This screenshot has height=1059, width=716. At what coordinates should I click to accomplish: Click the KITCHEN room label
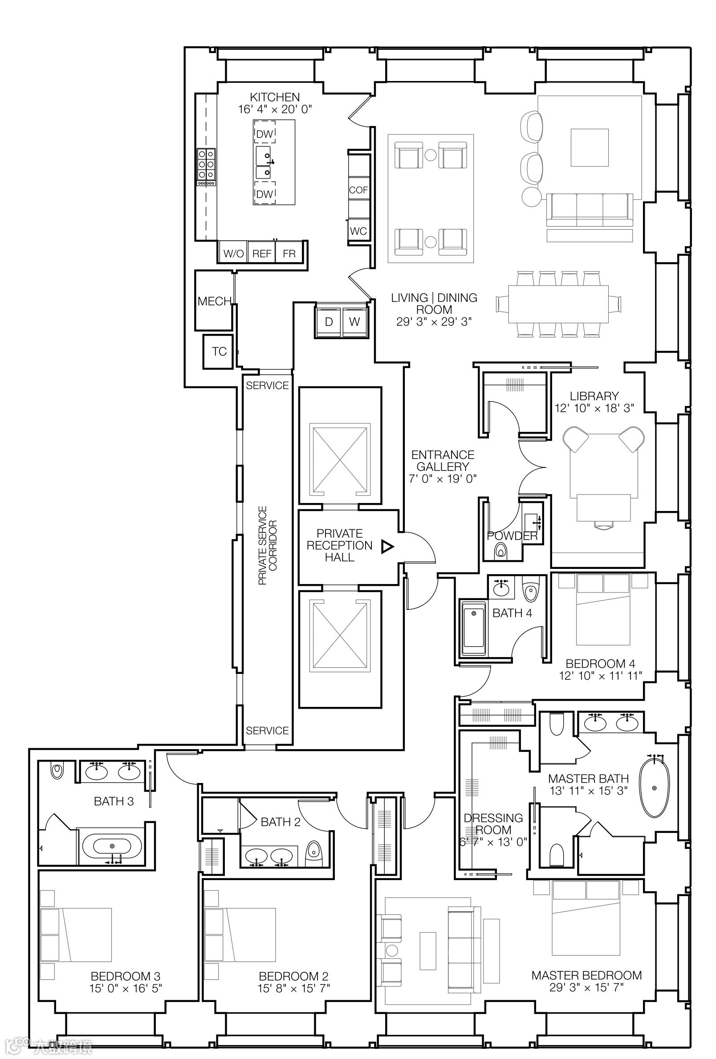(x=274, y=97)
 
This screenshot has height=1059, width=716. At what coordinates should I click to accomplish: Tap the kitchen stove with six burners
(x=206, y=167)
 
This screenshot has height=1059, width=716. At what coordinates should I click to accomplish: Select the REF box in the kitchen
(x=262, y=253)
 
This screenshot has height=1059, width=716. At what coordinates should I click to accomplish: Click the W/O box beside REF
(x=233, y=253)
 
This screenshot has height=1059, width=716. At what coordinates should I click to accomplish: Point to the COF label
(x=358, y=190)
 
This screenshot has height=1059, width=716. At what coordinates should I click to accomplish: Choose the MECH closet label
(x=214, y=301)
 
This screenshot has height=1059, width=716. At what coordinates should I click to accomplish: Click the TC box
(x=219, y=351)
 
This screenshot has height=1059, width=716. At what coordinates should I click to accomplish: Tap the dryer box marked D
(x=329, y=322)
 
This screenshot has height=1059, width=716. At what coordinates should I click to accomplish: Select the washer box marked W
(x=354, y=322)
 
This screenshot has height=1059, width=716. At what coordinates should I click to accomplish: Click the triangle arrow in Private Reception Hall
(x=387, y=547)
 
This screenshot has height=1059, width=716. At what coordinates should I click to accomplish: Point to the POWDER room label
(x=512, y=536)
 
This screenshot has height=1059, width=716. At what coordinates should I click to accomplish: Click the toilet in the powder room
(x=500, y=552)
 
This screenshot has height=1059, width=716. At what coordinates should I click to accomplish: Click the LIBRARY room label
(x=594, y=396)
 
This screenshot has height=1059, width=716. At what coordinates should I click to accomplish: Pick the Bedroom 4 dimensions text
(x=600, y=675)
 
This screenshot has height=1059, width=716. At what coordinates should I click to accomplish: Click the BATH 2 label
(x=280, y=822)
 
